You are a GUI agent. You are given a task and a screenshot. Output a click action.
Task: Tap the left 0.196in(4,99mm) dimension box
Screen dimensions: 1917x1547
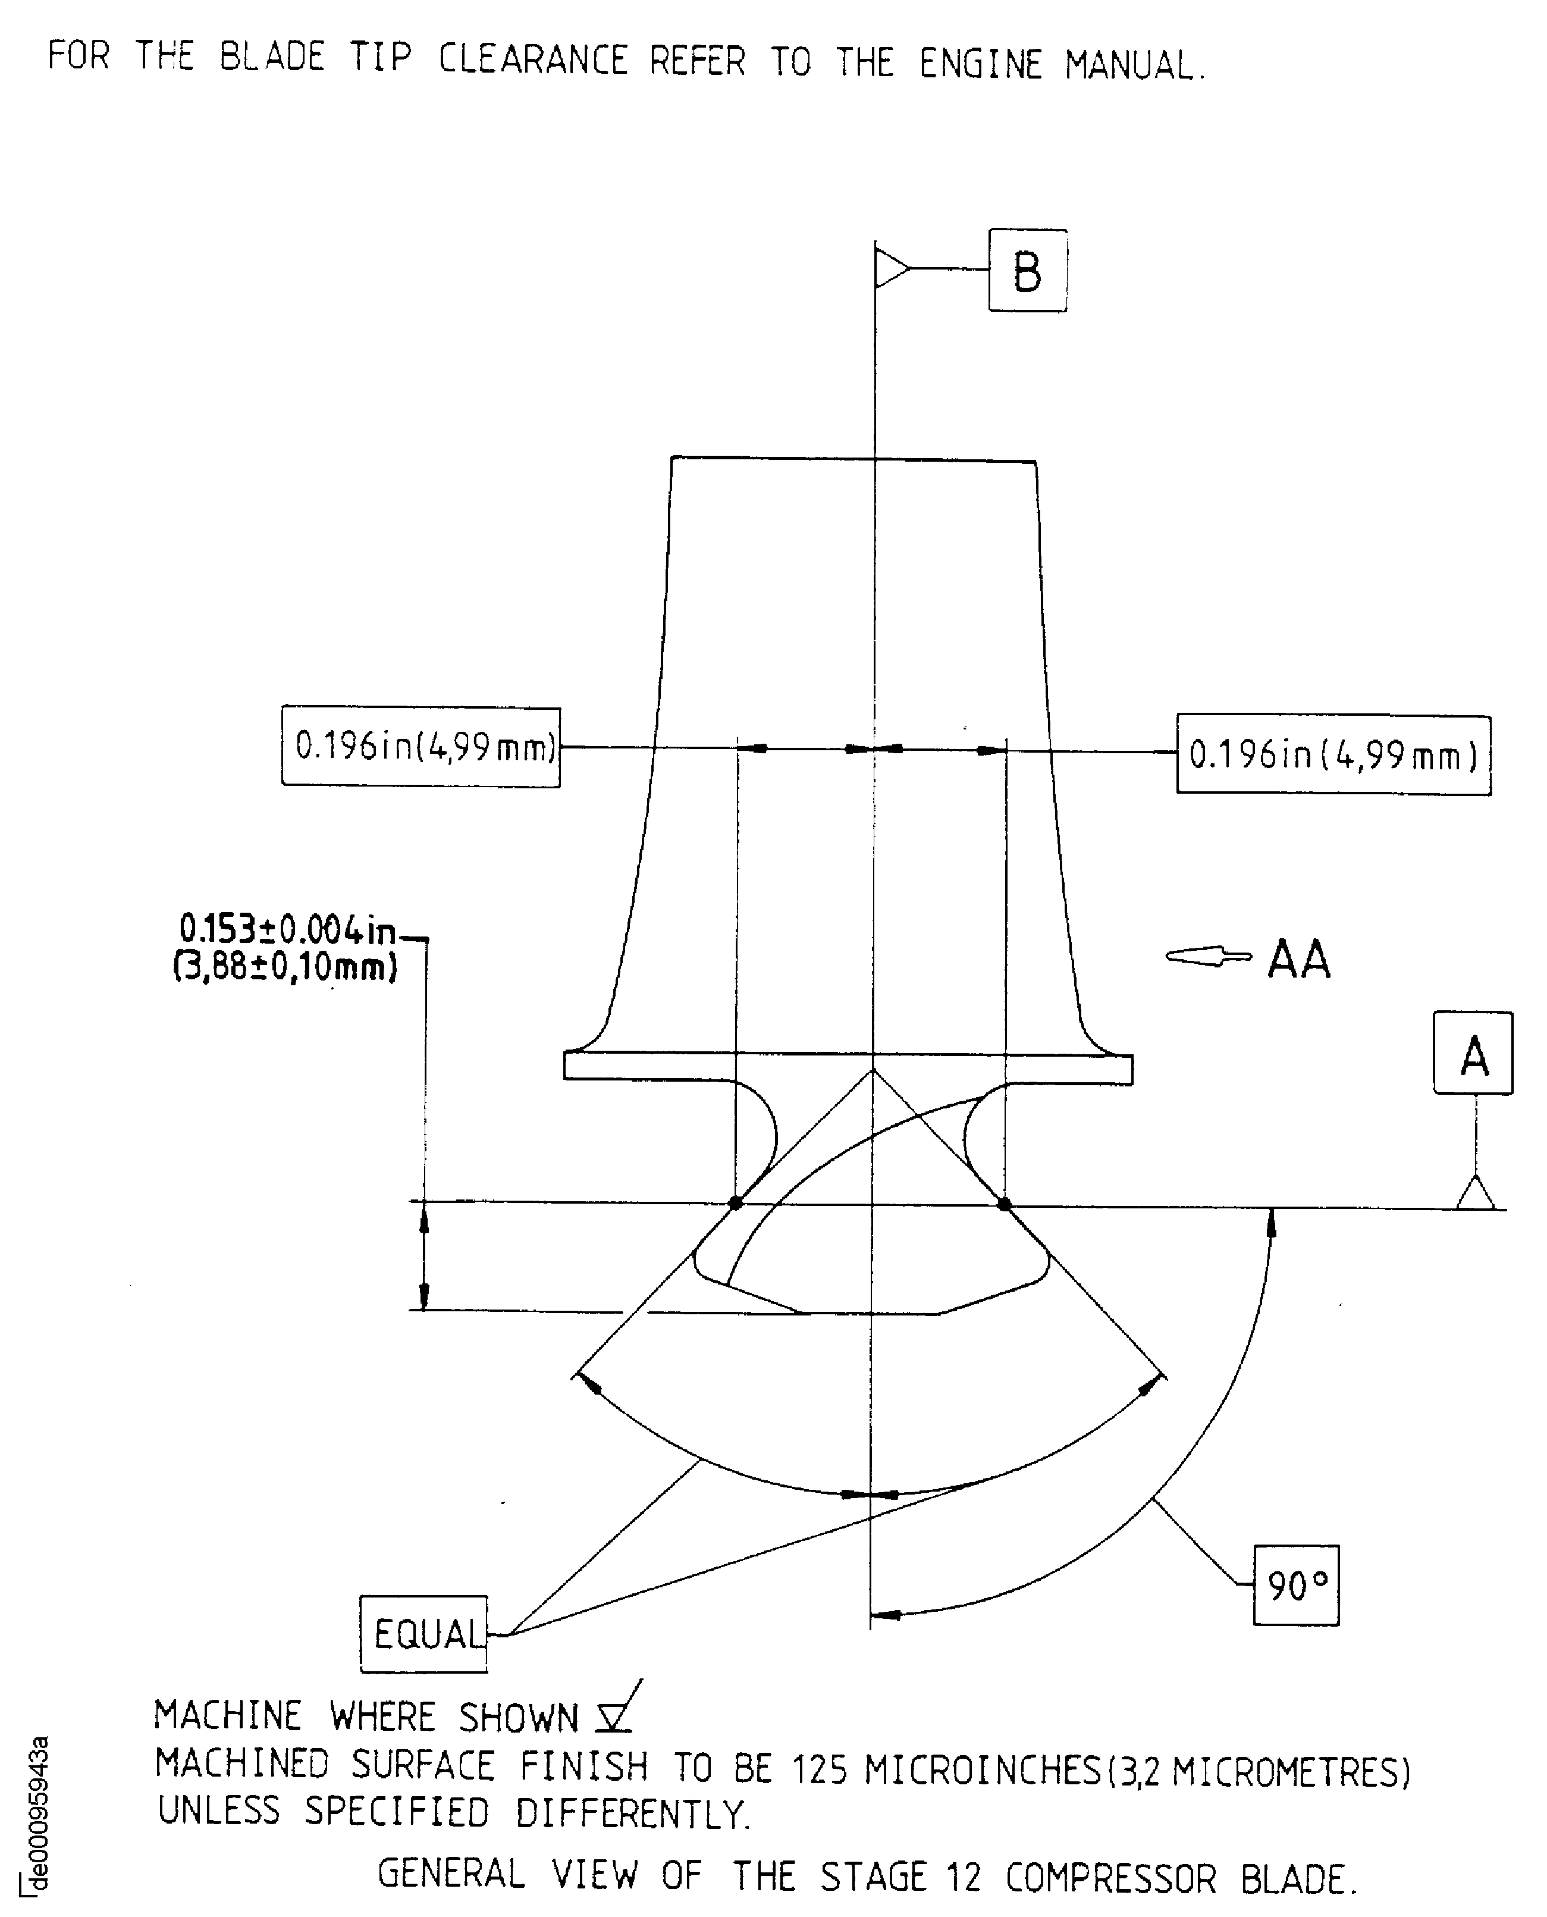click(421, 747)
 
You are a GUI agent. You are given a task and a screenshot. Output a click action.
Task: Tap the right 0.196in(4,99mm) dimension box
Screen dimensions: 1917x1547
click(1333, 755)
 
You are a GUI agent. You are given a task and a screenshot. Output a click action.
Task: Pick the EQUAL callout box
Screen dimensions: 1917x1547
click(424, 1634)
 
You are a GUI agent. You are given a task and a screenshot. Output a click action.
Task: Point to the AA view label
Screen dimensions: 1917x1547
click(1298, 960)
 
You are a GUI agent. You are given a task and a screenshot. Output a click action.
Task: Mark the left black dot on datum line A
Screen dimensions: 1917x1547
click(735, 1203)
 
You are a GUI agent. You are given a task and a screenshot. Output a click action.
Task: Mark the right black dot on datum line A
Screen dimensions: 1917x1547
click(1005, 1204)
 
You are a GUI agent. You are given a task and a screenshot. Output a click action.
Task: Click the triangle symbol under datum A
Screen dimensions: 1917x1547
click(1475, 1192)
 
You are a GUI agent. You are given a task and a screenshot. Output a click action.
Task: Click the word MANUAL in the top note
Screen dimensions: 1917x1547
click(1134, 65)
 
